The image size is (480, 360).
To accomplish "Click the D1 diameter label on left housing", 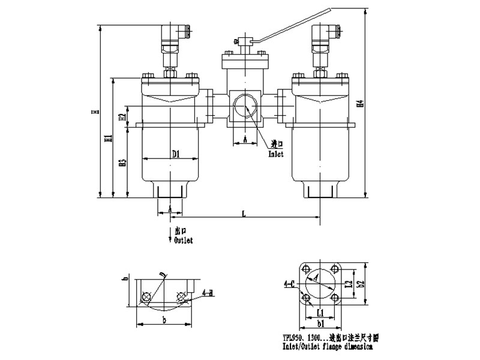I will [x=176, y=154].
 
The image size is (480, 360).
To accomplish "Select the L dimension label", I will [x=244, y=212].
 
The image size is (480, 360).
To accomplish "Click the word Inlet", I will [x=277, y=153].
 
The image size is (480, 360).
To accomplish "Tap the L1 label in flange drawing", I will [x=321, y=313].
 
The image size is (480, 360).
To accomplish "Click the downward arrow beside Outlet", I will [x=169, y=236].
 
